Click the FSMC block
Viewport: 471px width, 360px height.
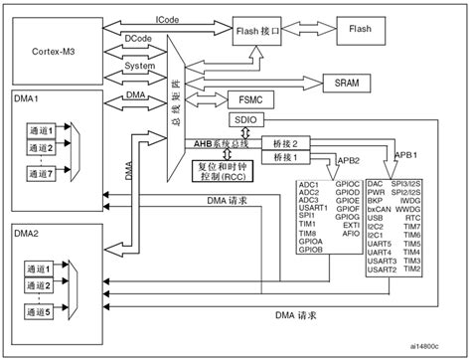[248, 100]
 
